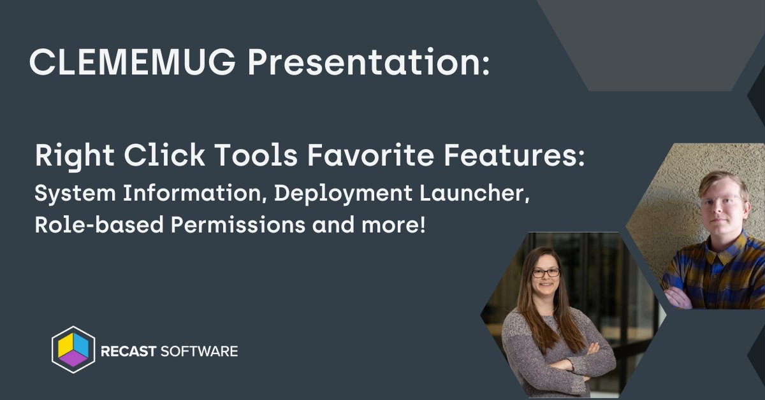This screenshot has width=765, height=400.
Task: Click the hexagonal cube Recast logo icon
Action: click(x=73, y=349)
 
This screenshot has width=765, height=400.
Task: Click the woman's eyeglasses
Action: click(x=546, y=273)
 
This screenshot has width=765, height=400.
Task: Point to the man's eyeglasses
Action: click(x=722, y=201)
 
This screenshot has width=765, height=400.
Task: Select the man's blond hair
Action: click(x=724, y=181)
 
